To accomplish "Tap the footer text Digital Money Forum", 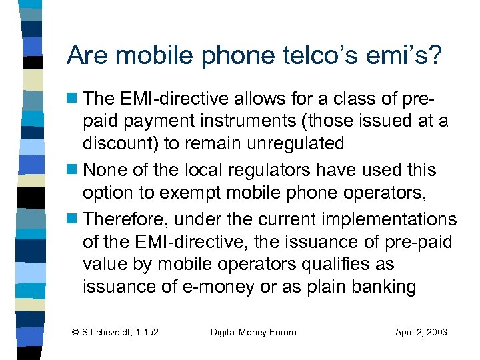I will pos(253,332).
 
